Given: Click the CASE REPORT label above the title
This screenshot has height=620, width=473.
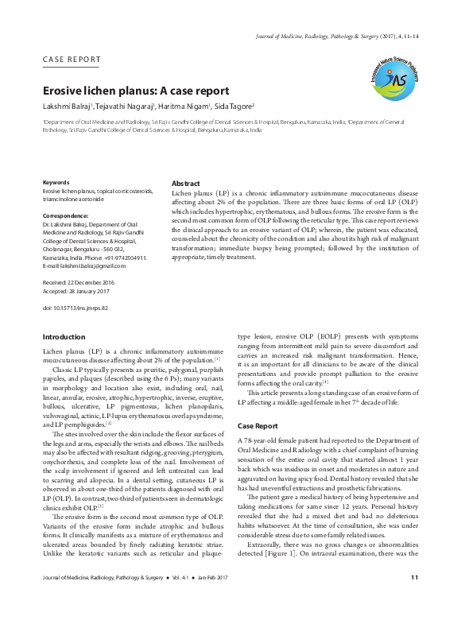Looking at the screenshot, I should coord(72,60).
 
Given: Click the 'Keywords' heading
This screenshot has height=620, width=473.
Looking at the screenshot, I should coord(56,182).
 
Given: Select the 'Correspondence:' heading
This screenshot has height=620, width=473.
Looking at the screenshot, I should coord(65,215).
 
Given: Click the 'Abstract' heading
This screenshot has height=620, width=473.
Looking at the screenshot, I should coord(186,183).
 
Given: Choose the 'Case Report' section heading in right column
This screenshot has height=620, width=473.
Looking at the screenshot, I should coord(258,426).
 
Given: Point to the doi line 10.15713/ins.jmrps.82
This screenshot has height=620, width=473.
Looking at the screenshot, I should coord(75,308).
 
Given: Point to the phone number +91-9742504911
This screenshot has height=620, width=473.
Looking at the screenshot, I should coord(126,258).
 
